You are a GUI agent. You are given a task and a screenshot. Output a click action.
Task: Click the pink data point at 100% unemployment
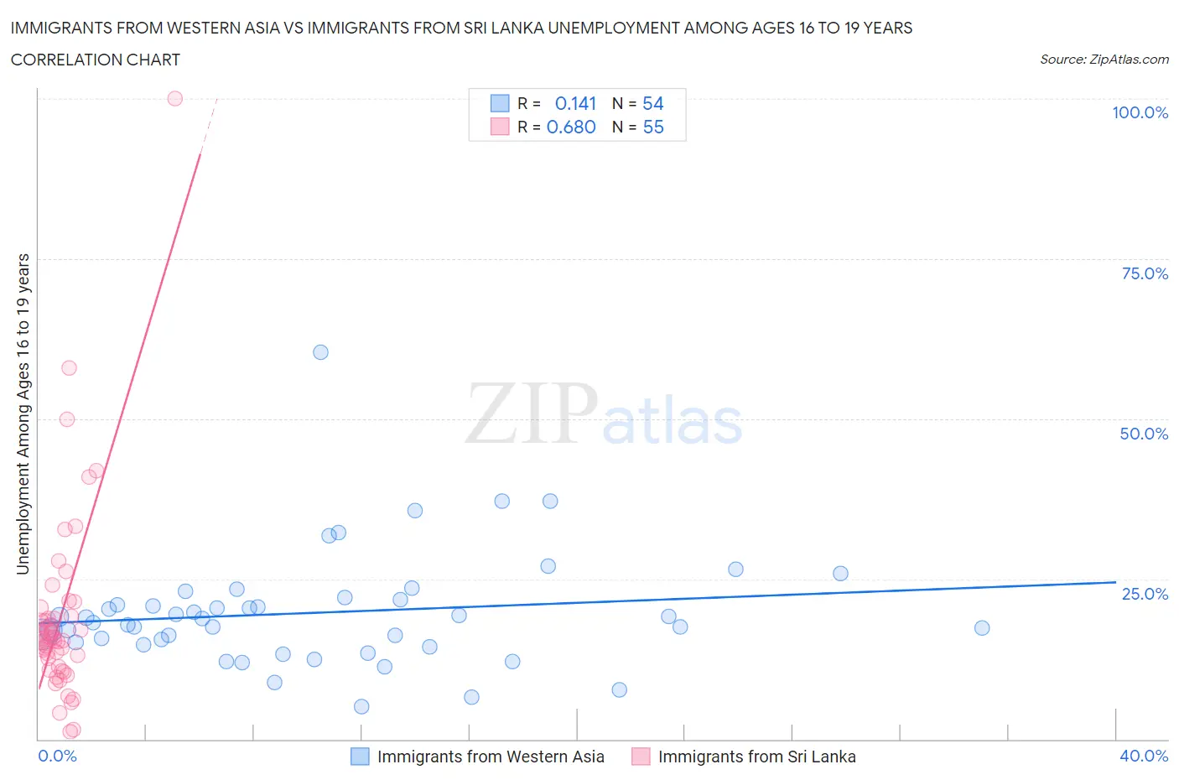174,98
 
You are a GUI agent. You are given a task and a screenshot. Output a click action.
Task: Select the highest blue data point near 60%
320,352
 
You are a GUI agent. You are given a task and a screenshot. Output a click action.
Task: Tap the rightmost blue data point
982,628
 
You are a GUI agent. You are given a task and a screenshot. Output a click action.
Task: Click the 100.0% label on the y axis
1140,113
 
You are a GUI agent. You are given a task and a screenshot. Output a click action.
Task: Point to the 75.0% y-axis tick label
1144,273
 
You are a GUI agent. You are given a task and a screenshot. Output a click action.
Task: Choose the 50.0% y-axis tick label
1144,434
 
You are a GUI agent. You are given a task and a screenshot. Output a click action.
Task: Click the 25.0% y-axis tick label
1144,594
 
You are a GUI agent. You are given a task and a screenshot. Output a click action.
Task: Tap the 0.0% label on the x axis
57,756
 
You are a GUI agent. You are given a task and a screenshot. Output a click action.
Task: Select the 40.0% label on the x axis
1144,756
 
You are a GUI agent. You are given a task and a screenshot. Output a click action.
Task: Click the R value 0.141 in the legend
575,103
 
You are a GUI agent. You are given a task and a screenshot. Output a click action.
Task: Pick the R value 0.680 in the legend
571,127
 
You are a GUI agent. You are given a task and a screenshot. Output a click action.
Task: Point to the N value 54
652,103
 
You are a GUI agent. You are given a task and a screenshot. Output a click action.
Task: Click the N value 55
652,127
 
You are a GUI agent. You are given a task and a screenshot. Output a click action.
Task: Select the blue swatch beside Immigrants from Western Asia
360,757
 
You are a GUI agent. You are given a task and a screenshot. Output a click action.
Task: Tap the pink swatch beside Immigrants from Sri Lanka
641,757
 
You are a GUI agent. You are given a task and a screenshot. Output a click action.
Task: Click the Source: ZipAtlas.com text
1104,60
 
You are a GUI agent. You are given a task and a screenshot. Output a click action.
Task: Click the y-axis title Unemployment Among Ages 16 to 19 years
23,413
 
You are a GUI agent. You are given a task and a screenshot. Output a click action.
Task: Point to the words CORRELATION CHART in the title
96,60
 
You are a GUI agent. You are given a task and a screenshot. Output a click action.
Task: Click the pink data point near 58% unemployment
69,368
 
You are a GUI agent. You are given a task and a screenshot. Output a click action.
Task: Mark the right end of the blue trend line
1115,582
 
